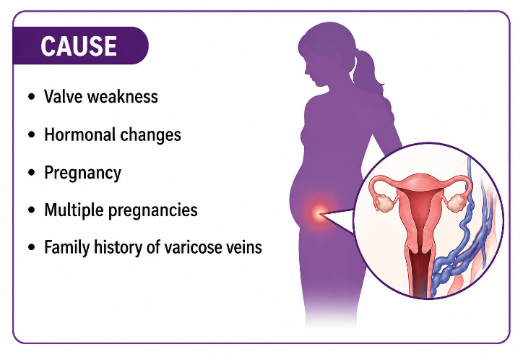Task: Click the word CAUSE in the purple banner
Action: (x=79, y=46)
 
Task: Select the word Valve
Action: (x=64, y=96)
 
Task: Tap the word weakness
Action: (x=122, y=96)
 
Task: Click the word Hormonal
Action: (x=80, y=134)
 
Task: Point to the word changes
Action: (x=150, y=135)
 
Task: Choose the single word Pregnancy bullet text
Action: (x=83, y=173)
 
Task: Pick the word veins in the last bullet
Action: (x=244, y=247)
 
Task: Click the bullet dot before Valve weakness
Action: (x=32, y=97)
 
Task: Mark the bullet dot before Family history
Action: (x=32, y=247)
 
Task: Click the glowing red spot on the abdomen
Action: (x=319, y=213)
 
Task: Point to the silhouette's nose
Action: (x=306, y=71)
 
